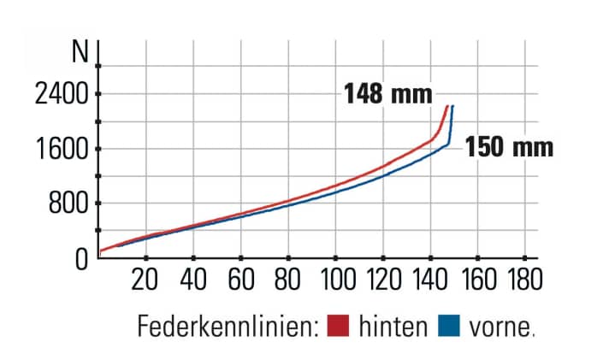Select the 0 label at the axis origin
click(82, 258)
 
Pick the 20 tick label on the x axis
click(147, 280)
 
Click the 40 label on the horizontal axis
click(194, 280)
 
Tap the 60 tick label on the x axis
click(242, 280)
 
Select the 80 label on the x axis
click(289, 280)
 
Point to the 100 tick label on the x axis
click(336, 280)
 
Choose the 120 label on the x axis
click(383, 280)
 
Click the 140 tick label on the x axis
click(430, 280)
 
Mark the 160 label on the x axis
click(477, 280)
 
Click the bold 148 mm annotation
click(387, 92)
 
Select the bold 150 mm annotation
click(509, 147)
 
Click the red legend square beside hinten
click(340, 326)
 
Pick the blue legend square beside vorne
click(449, 326)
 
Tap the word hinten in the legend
click(393, 327)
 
